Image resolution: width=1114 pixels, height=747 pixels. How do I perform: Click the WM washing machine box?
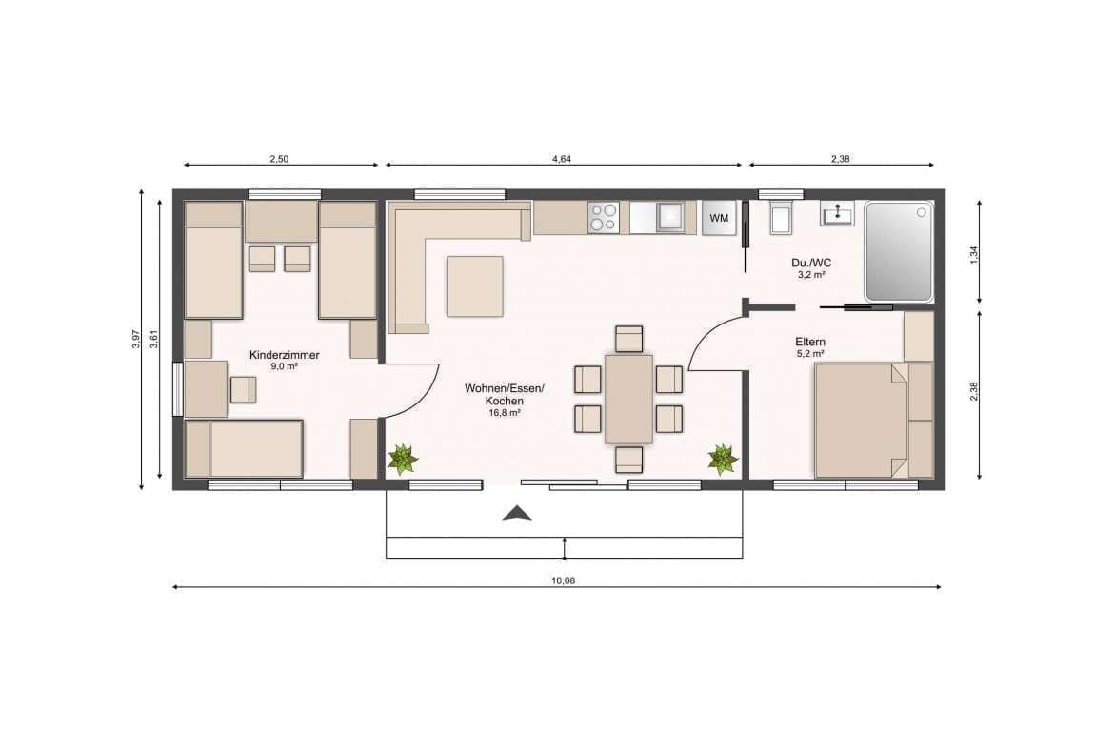719,218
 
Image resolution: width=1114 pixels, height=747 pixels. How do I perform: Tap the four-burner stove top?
604,217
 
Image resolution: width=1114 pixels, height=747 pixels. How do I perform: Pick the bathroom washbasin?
839,213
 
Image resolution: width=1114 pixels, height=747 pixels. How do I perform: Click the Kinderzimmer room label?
284,355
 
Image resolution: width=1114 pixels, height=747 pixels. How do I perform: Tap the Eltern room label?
810,343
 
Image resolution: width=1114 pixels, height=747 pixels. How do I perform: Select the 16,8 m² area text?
505,413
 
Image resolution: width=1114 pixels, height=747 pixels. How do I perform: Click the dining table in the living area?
628,399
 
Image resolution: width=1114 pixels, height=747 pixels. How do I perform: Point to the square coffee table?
474,286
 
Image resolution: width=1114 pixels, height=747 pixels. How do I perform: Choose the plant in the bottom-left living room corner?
403,460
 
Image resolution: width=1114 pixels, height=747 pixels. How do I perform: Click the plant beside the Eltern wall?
724,460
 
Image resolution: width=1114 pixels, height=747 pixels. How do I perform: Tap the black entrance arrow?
517,514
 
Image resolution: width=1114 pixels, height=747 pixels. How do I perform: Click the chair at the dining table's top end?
628,339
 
